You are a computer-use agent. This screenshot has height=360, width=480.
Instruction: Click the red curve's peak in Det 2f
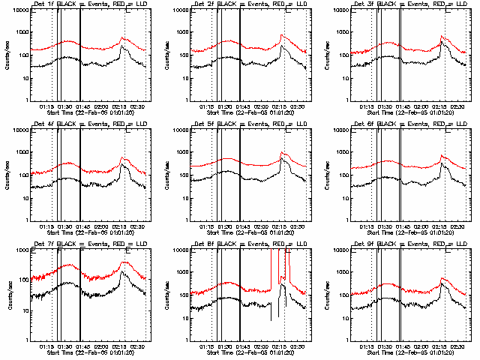(282, 34)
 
